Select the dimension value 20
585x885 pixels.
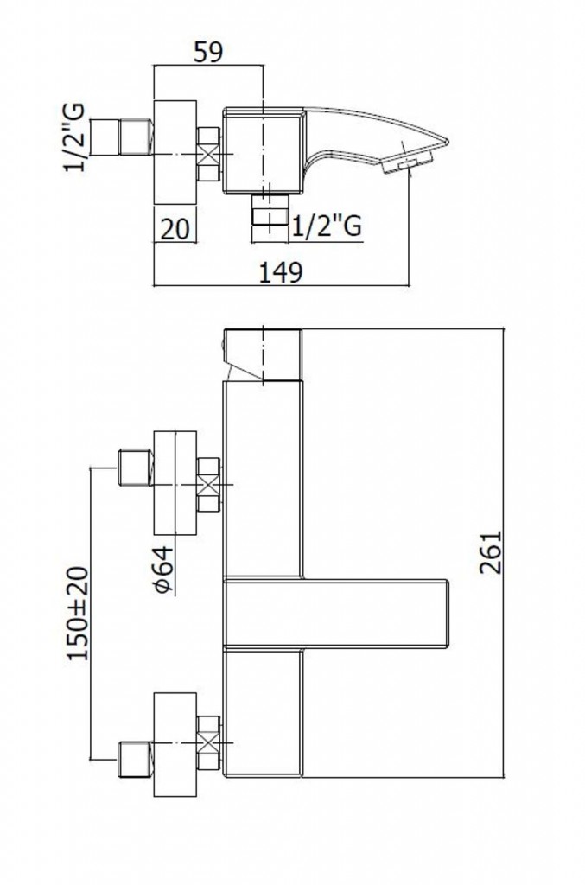175,229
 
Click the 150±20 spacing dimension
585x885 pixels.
78,614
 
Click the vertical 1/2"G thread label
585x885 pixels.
76,138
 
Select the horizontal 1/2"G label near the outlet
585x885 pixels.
326,226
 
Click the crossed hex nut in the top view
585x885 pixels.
208,154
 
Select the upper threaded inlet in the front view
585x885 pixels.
132,468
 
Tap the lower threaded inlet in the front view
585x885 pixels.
132,758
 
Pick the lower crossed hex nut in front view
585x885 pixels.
208,742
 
